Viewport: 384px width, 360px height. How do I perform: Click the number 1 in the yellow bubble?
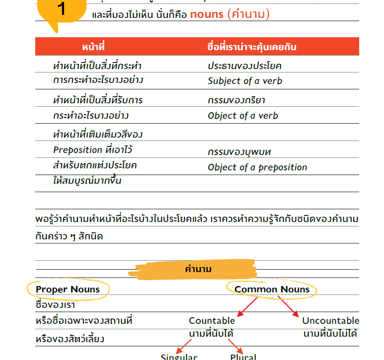point(62,9)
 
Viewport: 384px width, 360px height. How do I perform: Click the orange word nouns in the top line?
point(206,14)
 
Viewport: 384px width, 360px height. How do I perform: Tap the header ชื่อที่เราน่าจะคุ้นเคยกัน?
point(252,47)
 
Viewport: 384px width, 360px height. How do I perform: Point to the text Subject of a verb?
point(245,81)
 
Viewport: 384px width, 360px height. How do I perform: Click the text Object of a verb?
point(243,116)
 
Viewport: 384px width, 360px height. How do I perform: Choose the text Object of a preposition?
point(257,167)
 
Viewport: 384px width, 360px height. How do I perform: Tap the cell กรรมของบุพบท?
point(239,152)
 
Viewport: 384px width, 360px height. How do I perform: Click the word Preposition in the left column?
point(77,149)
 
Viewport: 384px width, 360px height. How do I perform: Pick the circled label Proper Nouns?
point(68,289)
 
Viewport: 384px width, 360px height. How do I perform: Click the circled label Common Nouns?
point(272,289)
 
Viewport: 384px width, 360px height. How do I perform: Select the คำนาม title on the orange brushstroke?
point(198,270)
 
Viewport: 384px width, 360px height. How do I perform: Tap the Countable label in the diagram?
point(212,321)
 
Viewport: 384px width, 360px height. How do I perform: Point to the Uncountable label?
point(330,321)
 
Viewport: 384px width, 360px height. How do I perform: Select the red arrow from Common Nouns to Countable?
point(248,306)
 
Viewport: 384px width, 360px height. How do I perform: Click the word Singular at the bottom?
point(179,357)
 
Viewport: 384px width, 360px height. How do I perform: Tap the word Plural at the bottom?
point(243,357)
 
